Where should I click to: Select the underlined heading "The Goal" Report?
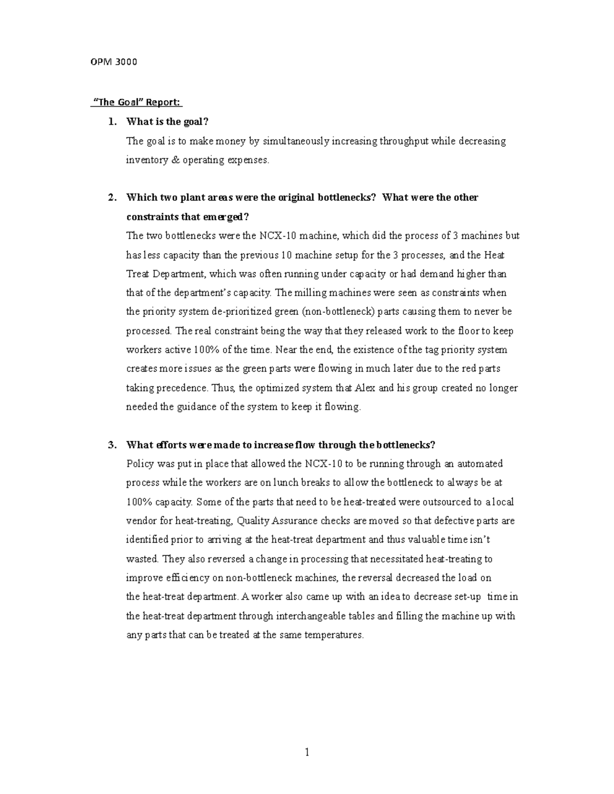click(137, 102)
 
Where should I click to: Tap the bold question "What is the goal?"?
click(168, 122)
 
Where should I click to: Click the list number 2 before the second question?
click(112, 198)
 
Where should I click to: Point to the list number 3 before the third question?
click(112, 445)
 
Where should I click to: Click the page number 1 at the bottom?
click(307, 752)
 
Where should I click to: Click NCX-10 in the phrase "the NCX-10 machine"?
click(277, 236)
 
